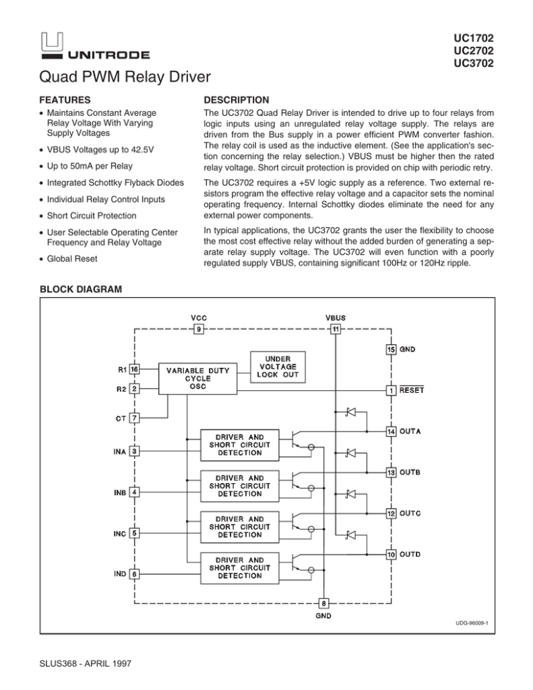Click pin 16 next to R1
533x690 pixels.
(x=134, y=370)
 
